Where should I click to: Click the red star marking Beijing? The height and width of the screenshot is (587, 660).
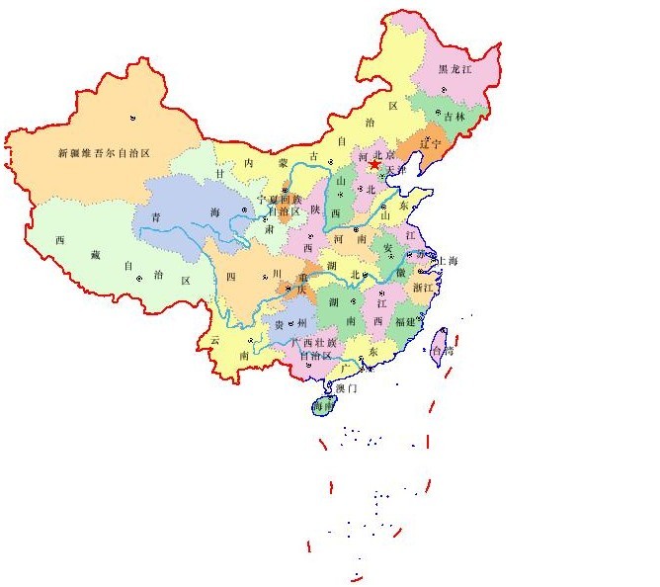(x=374, y=166)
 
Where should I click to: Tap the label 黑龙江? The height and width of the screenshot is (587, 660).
(x=455, y=69)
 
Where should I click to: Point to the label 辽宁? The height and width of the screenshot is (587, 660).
(x=430, y=144)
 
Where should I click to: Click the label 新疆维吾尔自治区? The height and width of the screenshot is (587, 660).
(x=103, y=153)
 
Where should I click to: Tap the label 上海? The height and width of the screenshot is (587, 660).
(x=446, y=261)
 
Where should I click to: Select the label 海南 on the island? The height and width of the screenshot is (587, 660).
(x=322, y=406)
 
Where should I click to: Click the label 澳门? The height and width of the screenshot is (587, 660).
(x=347, y=388)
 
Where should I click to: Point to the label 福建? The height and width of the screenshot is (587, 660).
(x=403, y=321)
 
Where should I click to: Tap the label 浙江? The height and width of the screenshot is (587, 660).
(x=422, y=288)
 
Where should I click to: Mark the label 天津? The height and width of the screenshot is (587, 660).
(x=395, y=171)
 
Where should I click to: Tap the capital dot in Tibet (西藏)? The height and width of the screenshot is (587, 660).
(x=140, y=279)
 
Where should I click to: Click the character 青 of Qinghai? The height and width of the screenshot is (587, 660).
(x=155, y=215)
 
